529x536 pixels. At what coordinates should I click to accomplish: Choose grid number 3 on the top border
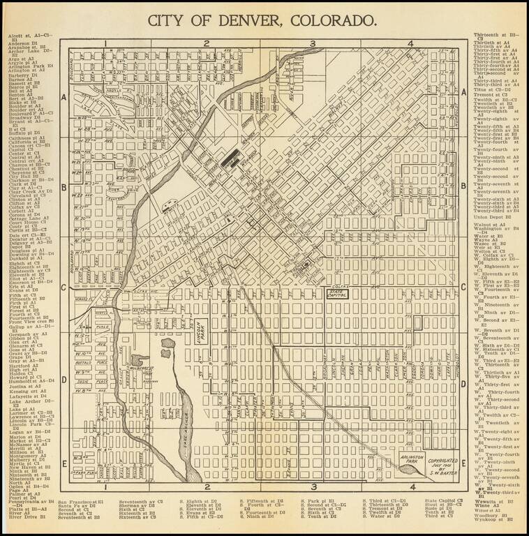click(313, 43)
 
